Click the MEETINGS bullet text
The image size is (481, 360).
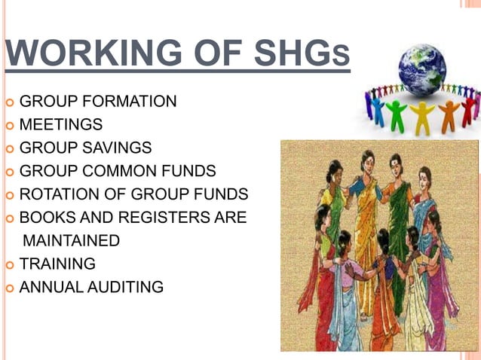click(x=61, y=124)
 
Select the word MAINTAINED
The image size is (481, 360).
click(x=72, y=241)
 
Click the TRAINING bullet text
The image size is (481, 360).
click(x=57, y=264)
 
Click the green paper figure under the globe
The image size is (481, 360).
click(x=394, y=114)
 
